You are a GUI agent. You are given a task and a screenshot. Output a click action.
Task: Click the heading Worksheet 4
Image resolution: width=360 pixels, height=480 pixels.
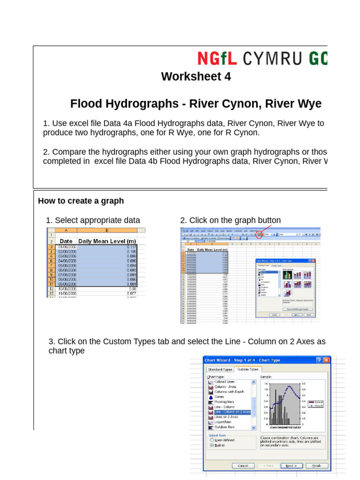(196, 76)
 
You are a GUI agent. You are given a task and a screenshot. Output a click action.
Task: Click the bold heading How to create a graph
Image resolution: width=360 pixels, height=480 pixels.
(81, 201)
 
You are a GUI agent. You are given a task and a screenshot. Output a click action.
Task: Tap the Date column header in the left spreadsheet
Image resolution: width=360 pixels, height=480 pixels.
(66, 241)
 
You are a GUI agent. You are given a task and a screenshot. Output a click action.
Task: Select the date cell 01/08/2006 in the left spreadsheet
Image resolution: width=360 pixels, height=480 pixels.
(67, 247)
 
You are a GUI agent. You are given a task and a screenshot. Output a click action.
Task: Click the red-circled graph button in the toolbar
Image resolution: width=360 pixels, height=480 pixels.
(259, 234)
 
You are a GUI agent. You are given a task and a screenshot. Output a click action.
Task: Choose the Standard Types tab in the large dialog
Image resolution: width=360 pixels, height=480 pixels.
(221, 369)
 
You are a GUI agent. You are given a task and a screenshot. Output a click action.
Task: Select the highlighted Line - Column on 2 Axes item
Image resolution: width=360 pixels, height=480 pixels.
(232, 412)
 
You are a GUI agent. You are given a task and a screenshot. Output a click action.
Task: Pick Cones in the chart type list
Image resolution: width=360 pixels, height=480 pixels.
(220, 397)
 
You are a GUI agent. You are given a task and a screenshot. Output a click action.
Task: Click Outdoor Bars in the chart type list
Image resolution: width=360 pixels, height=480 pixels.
(225, 427)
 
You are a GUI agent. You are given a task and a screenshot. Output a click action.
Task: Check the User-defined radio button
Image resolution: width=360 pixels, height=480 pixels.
(212, 440)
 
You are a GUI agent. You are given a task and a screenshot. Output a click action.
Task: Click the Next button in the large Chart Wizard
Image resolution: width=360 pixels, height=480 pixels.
(291, 465)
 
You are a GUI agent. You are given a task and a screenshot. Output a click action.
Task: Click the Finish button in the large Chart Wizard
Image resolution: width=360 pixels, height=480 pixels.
(316, 465)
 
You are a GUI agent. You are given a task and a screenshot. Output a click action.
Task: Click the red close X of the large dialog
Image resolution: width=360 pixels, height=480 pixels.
(326, 360)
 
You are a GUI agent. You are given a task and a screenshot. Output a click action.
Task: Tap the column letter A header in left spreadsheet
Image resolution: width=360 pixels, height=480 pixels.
(66, 230)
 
